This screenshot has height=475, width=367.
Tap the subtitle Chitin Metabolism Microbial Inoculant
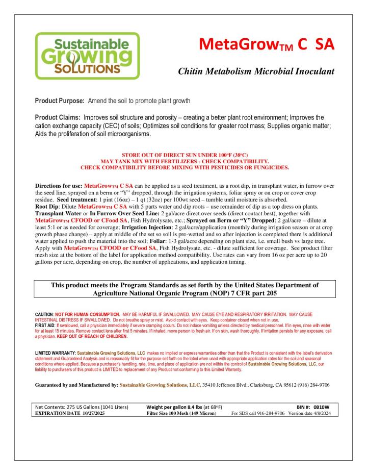[256, 72]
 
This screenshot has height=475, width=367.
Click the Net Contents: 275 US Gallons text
[76, 407]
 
